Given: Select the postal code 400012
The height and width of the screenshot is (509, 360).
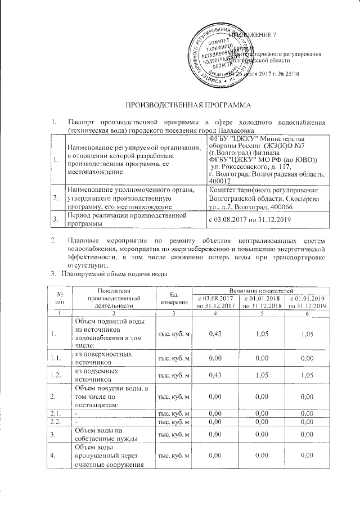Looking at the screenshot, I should pyautogui.click(x=219, y=181).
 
